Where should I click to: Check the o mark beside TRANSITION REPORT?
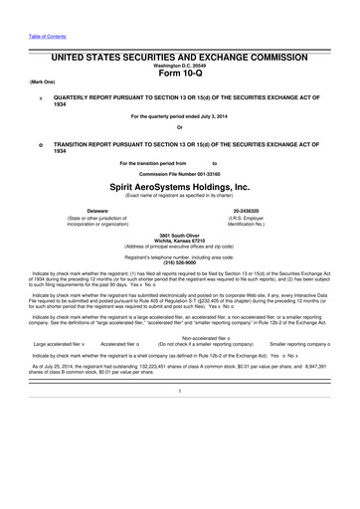(x=38, y=144)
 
